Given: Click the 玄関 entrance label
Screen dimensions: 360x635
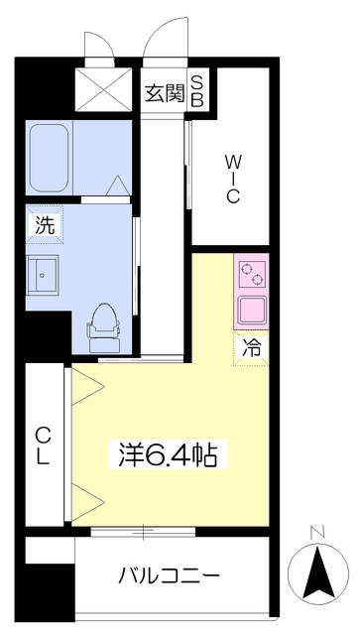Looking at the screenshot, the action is pos(165,94).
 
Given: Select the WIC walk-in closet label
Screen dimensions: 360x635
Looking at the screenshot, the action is pos(231,180).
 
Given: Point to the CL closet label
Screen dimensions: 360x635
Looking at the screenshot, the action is pos(44,446).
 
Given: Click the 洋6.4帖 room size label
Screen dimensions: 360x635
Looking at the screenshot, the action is pos(168,454).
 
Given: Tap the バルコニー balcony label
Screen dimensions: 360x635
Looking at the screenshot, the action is pos(169,575).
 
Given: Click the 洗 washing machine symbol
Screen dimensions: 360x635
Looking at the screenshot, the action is pos(45,225).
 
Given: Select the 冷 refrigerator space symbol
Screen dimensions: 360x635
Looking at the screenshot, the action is pos(252,348).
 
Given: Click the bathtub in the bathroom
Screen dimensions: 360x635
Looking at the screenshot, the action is pos(49,158).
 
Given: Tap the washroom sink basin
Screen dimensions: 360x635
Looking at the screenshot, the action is pos(42,275).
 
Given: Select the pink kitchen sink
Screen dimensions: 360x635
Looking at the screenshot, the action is pos(252,310).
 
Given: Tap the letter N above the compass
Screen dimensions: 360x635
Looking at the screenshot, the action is pos(316,532).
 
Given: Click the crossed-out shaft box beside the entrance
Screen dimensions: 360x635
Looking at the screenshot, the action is pos(104,89).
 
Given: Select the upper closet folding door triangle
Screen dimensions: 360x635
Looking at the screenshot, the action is pos(88,386).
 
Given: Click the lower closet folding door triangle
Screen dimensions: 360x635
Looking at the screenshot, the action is pos(88,502).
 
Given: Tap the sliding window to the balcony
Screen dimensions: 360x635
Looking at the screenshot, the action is pos(143,532).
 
